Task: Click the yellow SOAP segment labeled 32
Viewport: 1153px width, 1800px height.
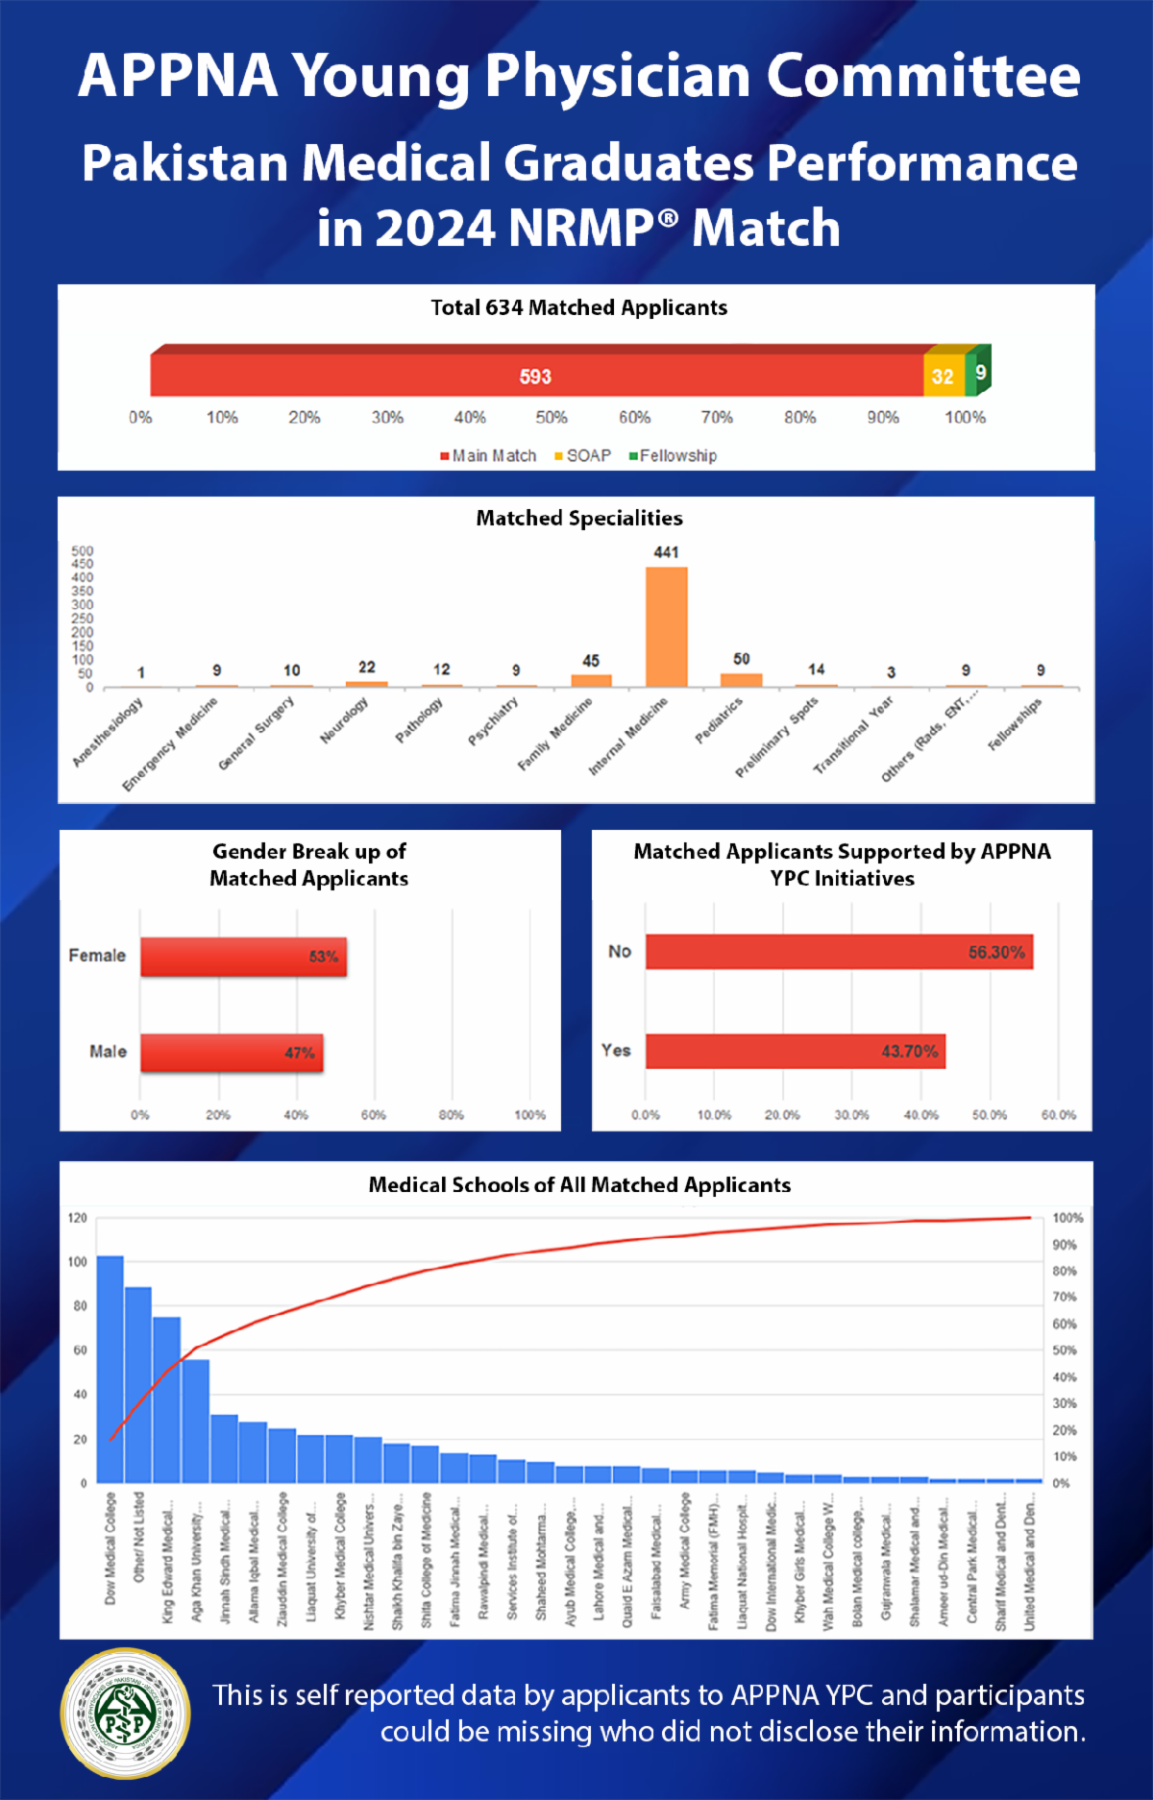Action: pyautogui.click(x=943, y=377)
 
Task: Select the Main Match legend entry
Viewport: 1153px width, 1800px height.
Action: pyautogui.click(x=488, y=455)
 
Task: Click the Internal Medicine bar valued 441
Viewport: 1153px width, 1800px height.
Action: pyautogui.click(x=666, y=626)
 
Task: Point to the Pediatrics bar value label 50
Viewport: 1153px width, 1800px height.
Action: pyautogui.click(x=741, y=659)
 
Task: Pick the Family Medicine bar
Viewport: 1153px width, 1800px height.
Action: pyautogui.click(x=591, y=680)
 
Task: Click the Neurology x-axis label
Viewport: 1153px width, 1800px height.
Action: pyautogui.click(x=345, y=720)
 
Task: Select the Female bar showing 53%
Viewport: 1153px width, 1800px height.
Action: pyautogui.click(x=243, y=957)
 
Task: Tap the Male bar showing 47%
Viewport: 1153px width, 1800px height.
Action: pyautogui.click(x=232, y=1052)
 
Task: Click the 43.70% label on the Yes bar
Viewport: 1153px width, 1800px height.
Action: pyautogui.click(x=909, y=1051)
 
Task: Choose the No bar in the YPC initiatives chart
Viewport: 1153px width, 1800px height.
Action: pyautogui.click(x=839, y=952)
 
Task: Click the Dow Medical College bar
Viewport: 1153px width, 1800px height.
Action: pyautogui.click(x=110, y=1369)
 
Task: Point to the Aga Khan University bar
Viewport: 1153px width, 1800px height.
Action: pyautogui.click(x=196, y=1421)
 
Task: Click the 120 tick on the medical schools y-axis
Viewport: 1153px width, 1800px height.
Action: pyautogui.click(x=78, y=1218)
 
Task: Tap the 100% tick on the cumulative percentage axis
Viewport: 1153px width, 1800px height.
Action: pyautogui.click(x=1067, y=1218)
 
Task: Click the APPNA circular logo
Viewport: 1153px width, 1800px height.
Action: pyautogui.click(x=126, y=1714)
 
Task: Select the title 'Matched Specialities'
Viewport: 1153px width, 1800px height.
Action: pyautogui.click(x=579, y=518)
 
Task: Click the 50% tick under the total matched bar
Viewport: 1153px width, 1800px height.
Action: pyautogui.click(x=552, y=417)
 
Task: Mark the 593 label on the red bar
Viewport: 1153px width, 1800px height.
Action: pyautogui.click(x=535, y=377)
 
